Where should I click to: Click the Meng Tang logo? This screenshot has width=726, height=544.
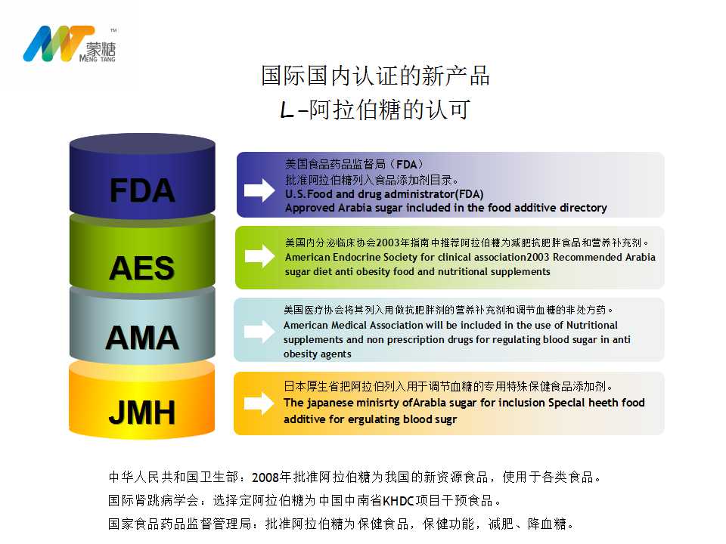coord(70,44)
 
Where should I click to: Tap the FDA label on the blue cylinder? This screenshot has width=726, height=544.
coord(142,190)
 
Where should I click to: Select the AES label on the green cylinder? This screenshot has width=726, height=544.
coord(141,267)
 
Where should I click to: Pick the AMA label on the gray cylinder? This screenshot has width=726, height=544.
coord(142,337)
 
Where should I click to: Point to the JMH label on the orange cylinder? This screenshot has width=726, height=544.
coord(142,413)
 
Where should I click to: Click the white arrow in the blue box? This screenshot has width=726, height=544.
coord(259,190)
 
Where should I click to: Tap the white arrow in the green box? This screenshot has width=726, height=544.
coord(259,256)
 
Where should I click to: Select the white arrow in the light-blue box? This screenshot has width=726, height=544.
coord(259,331)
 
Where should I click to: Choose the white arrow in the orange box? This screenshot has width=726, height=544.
coord(259,403)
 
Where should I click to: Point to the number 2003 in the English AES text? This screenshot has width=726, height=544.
coord(537,257)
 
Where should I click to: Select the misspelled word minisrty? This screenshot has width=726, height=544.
coord(380,403)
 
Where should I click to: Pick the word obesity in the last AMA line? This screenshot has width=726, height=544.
coord(300,354)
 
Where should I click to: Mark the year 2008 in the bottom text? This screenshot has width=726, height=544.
coord(265,478)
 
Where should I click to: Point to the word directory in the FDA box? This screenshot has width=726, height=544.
coord(583,209)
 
